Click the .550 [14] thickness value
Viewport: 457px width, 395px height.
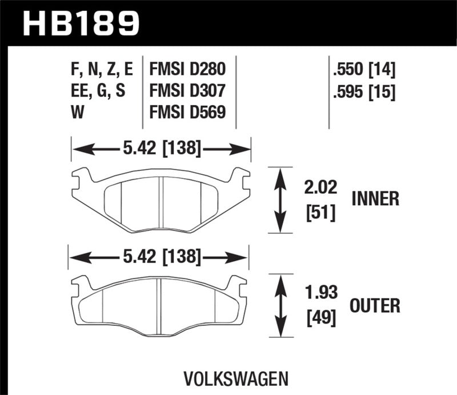(364, 70)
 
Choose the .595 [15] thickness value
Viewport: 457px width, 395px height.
(364, 91)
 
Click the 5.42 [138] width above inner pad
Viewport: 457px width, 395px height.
(161, 150)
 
